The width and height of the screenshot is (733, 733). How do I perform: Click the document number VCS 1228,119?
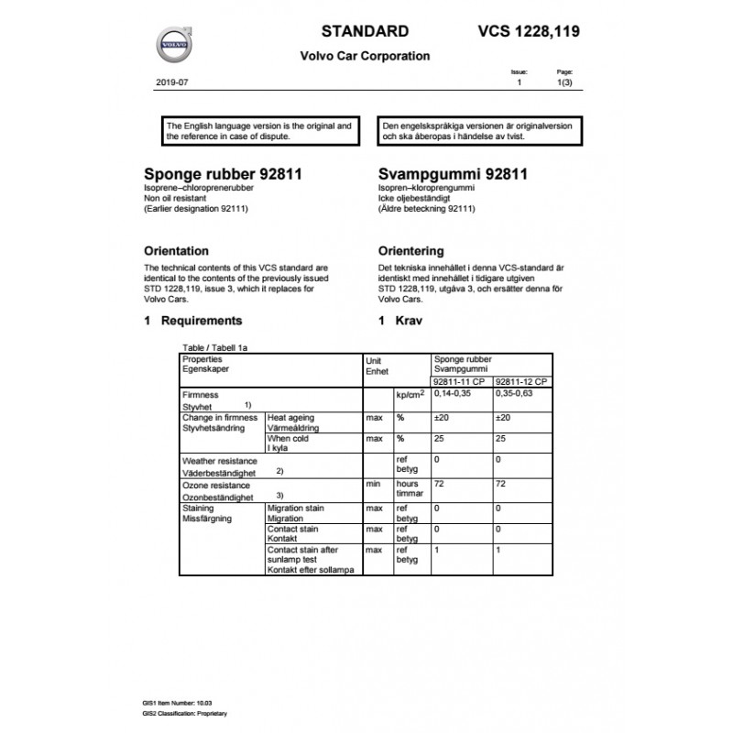[529, 31]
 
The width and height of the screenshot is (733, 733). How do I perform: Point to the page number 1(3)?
[564, 82]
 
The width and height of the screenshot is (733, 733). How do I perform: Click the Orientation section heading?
[177, 250]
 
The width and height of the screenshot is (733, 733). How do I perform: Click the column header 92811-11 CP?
[460, 381]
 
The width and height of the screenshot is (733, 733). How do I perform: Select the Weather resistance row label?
[220, 461]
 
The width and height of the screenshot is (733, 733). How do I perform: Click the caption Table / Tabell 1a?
[215, 349]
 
